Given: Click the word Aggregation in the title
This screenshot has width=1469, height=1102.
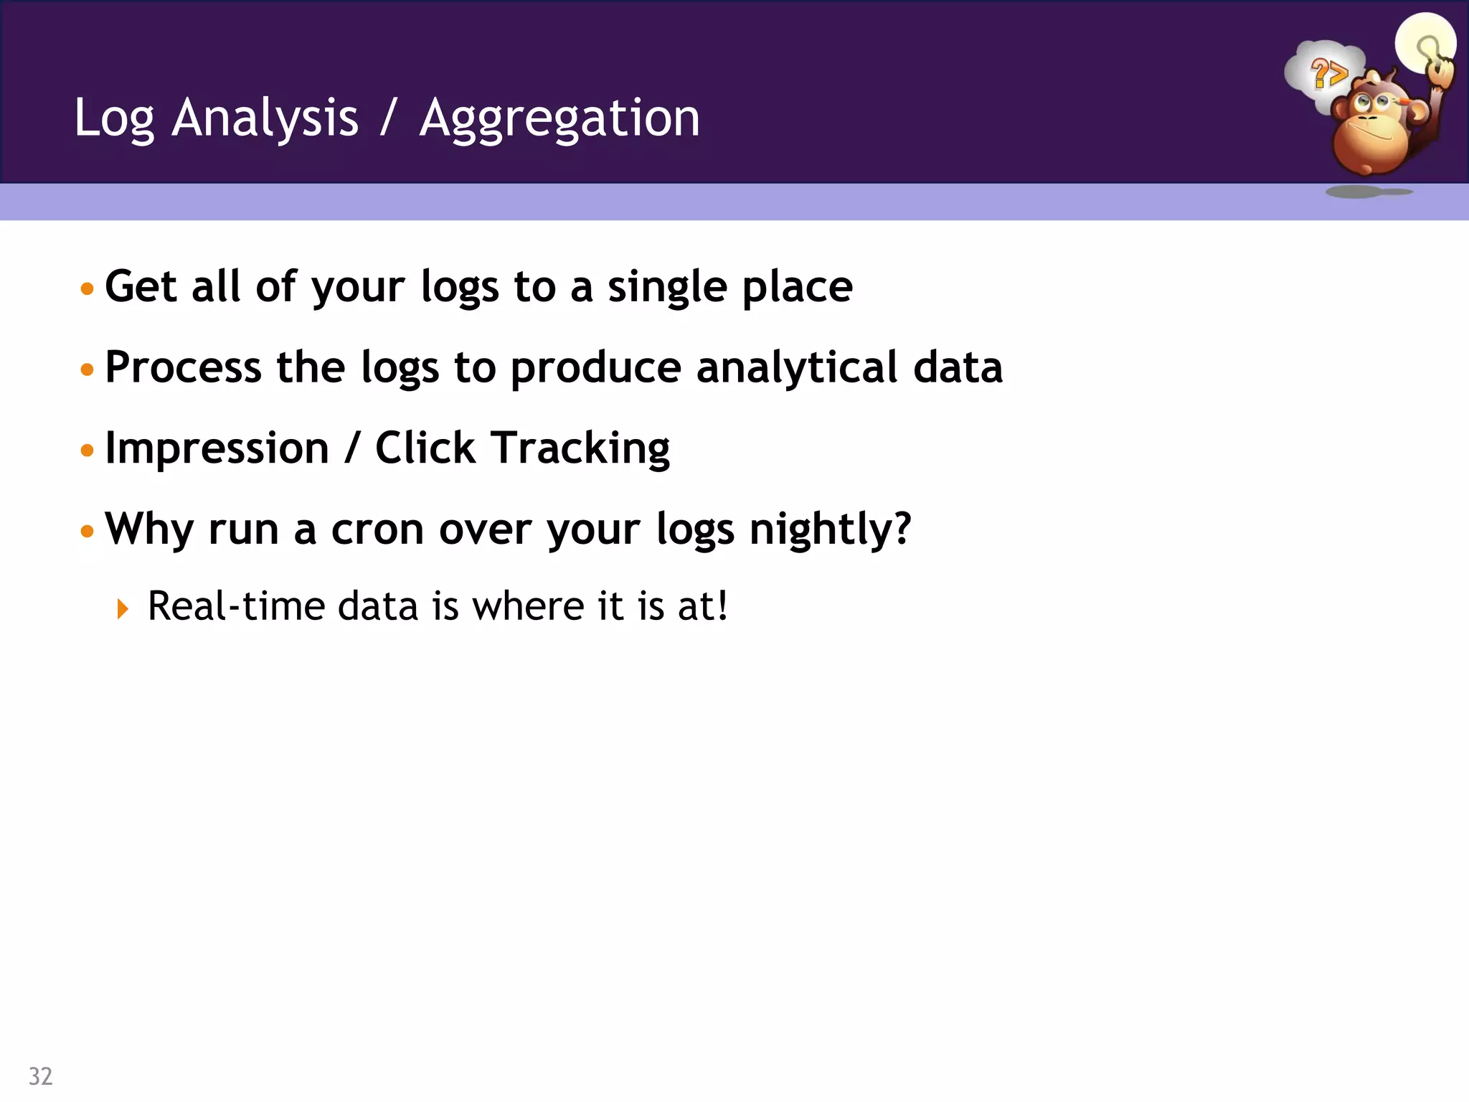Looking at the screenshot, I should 559,118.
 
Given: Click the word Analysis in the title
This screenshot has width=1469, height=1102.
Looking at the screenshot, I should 265,118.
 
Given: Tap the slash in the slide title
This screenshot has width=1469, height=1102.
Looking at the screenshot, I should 388,118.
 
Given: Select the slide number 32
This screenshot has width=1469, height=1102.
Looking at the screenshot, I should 40,1076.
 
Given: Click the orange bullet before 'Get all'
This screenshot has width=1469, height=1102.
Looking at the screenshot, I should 88,289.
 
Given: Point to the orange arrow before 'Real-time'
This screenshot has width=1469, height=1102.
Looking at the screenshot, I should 123,609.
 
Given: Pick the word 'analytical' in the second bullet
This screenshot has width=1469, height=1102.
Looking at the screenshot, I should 796,368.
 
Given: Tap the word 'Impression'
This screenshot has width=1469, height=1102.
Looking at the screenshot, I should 217,449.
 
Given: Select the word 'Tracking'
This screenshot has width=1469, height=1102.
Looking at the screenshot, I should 580,449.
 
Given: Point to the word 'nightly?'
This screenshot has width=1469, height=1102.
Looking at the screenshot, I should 830,529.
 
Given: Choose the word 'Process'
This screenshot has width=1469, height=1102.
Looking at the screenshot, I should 183,368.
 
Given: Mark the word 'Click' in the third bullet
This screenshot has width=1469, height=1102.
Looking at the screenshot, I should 425,449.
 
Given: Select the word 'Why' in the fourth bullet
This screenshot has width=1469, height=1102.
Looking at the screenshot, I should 148,529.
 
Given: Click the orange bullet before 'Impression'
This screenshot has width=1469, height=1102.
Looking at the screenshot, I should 88,451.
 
